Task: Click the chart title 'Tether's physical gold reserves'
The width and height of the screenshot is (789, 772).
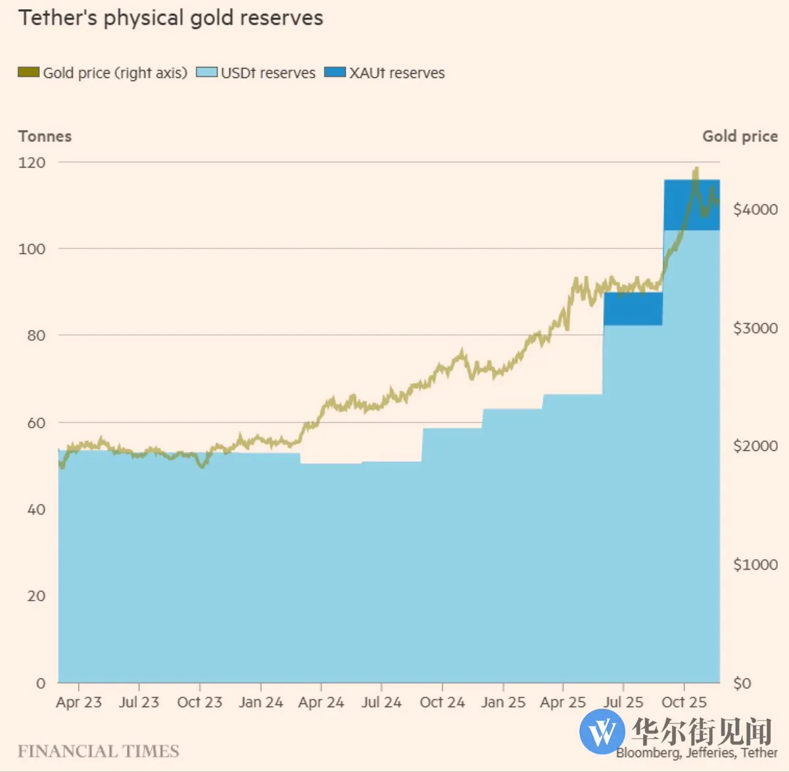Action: click(x=171, y=18)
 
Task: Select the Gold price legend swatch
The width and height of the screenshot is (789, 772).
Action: click(x=29, y=72)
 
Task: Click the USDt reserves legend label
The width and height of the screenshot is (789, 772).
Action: click(x=268, y=73)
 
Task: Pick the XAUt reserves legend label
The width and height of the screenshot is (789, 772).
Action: click(x=396, y=73)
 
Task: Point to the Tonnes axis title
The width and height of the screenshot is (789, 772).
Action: click(x=45, y=136)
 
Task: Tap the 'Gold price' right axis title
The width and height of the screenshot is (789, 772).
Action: click(x=740, y=136)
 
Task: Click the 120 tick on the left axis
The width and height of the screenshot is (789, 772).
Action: click(x=32, y=162)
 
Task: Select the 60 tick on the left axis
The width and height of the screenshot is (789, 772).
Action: click(x=36, y=422)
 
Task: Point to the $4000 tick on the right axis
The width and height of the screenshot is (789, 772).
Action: click(x=755, y=209)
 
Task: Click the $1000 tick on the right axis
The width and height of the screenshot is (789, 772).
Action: click(x=755, y=564)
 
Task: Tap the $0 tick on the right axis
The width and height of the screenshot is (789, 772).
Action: click(x=742, y=683)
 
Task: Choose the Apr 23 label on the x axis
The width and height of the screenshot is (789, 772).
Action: click(x=79, y=702)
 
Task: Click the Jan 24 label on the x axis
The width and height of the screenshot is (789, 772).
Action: click(x=260, y=702)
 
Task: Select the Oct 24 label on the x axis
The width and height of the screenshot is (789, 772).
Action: click(x=442, y=702)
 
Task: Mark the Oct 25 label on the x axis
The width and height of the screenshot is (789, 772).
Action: click(x=684, y=702)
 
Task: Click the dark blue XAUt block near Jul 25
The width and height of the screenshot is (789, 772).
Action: click(x=633, y=309)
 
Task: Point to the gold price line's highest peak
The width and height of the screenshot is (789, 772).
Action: click(x=696, y=169)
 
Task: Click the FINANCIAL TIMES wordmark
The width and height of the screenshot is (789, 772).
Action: click(x=99, y=751)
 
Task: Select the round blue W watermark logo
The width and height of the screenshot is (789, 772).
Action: click(x=602, y=731)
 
